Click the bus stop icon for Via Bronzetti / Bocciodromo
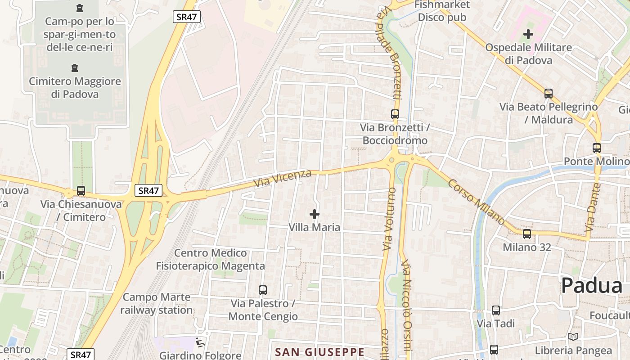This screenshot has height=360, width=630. click(395, 114)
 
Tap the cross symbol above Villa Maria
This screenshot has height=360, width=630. click(315, 214)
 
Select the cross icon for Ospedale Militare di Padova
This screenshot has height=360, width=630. click(528, 34)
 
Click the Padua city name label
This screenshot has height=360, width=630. click(592, 285)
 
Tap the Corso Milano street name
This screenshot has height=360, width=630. click(476, 202)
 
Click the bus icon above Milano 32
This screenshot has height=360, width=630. click(527, 234)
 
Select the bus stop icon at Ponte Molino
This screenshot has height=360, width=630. click(597, 148)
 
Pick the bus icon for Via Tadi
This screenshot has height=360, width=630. click(496, 310)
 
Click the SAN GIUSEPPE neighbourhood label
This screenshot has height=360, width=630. click(319, 351)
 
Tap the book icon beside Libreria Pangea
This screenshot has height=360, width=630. click(573, 337)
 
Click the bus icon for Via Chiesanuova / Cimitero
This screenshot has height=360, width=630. click(81, 191)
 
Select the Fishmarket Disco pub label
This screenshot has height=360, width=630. click(442, 11)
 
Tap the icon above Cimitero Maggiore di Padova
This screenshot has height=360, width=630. click(75, 68)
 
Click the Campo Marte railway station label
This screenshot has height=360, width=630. click(156, 303)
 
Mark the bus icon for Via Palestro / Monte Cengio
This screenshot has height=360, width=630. click(263, 290)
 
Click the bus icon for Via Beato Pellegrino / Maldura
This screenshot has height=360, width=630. click(549, 94)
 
